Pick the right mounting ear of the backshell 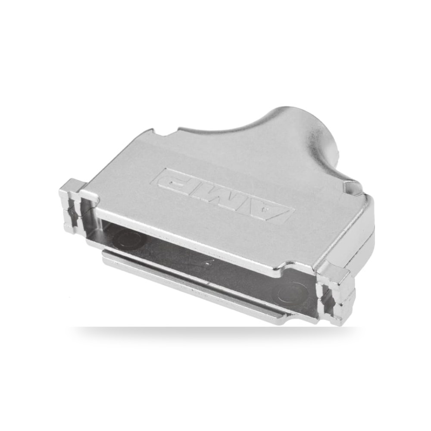[336, 294]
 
